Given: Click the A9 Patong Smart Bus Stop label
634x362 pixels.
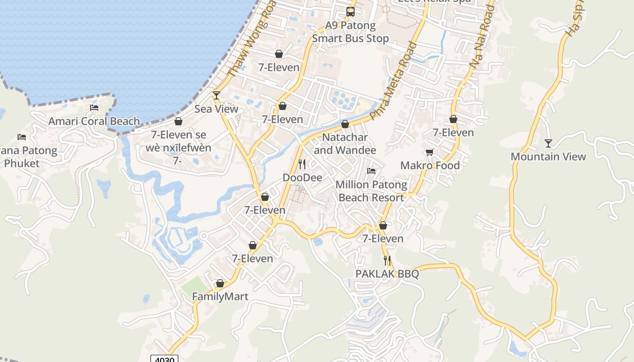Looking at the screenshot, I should click(x=351, y=32).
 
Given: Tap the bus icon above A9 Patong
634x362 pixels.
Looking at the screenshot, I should click(x=351, y=12).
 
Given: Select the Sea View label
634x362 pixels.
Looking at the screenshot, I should click(x=216, y=109).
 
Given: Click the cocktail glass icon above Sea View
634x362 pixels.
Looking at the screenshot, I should click(x=216, y=95).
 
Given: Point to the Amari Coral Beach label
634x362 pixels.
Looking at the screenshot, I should click(x=94, y=121).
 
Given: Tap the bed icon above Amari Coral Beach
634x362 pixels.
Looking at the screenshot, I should click(x=94, y=108).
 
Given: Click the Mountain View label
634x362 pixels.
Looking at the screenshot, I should click(x=548, y=157).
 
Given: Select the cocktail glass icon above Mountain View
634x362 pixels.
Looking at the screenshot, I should click(x=548, y=143).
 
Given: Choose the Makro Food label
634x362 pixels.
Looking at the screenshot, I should click(x=430, y=166).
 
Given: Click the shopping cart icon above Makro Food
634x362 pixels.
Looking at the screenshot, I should click(x=429, y=152).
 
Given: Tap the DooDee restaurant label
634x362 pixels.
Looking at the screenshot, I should click(x=303, y=177).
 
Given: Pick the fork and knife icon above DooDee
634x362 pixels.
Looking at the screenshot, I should click(x=302, y=164).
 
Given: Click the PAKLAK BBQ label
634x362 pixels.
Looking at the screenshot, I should click(x=387, y=274).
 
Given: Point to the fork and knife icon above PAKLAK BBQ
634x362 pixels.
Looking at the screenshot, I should click(x=387, y=260).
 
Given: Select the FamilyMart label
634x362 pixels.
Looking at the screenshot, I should click(x=220, y=297).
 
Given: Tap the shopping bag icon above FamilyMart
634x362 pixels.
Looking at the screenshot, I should click(x=220, y=283).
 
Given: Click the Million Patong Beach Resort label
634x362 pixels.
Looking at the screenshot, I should click(x=371, y=191).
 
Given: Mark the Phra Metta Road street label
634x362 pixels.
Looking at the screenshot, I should click(x=393, y=81).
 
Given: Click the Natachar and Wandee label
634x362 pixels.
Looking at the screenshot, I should click(x=345, y=143).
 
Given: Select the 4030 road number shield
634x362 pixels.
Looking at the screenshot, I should click(x=164, y=359).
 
